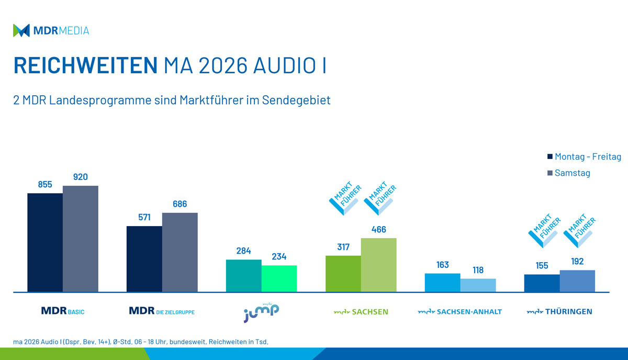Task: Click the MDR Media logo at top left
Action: [x=51, y=30]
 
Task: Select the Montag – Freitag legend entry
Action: [x=584, y=156]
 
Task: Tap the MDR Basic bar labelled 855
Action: [x=45, y=242]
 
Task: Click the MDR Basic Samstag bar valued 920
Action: [x=81, y=239]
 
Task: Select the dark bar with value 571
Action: [x=144, y=258]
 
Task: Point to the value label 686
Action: [x=180, y=204]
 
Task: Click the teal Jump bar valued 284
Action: [x=243, y=275]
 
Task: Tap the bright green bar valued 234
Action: [x=279, y=278]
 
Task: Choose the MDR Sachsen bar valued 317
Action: [x=343, y=273]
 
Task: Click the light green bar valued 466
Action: [x=379, y=265]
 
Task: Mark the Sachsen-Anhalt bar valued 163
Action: [x=442, y=283]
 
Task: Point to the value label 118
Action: [x=478, y=270]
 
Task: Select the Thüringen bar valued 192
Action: [x=577, y=281]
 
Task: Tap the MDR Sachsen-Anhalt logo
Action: [x=459, y=312]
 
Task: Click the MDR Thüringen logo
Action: [x=559, y=312]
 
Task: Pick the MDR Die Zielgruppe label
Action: [x=162, y=311]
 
